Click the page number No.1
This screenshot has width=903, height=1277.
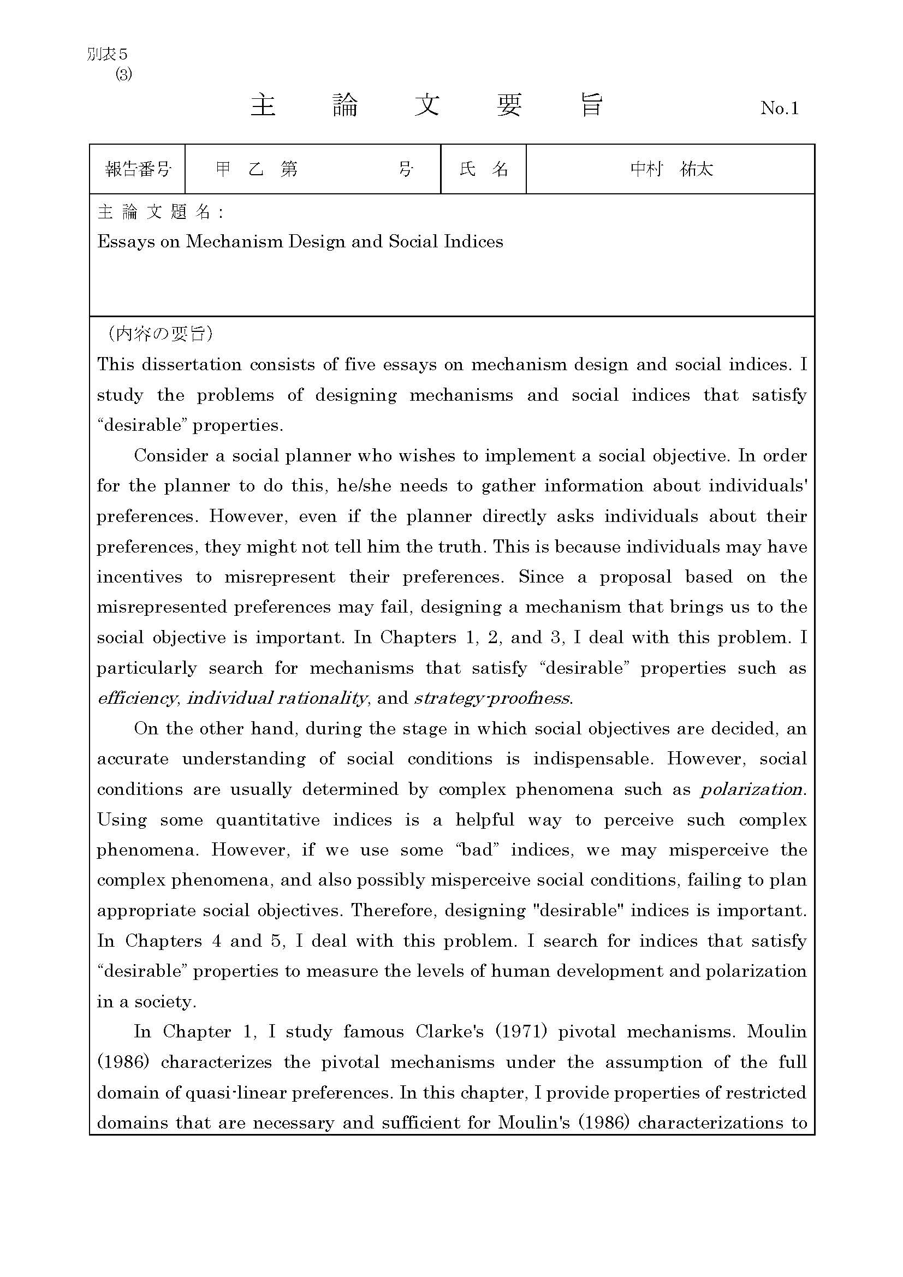(x=779, y=108)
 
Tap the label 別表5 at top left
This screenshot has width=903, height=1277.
(x=108, y=54)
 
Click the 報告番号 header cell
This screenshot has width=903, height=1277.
(x=138, y=169)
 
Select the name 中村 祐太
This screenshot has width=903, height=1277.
(x=671, y=169)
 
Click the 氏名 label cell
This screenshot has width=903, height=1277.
(x=483, y=169)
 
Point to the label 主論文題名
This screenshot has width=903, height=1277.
(x=160, y=212)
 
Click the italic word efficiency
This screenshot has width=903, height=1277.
(x=138, y=698)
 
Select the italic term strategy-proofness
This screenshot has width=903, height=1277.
(x=493, y=698)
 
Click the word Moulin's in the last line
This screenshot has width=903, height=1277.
(x=534, y=1123)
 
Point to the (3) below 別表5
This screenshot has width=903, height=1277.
(x=123, y=75)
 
